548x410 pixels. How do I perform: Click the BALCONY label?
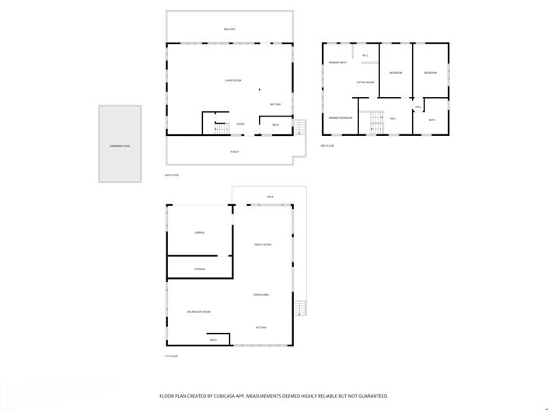[229, 30]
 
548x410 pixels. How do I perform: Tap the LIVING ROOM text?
[233, 81]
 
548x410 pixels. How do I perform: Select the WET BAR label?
[275, 104]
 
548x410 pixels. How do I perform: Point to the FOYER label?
[241, 124]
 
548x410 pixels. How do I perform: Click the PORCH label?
[234, 151]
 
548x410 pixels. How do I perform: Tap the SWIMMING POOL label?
[120, 145]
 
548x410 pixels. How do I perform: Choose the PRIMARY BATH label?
[337, 62]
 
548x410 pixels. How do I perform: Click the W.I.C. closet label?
[365, 55]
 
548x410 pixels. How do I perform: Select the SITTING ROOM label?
[365, 82]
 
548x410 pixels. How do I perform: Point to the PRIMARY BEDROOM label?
[340, 118]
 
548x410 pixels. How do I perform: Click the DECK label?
[270, 196]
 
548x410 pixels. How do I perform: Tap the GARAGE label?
[200, 232]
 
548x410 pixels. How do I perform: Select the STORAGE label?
[200, 269]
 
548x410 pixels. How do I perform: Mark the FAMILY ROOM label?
[263, 245]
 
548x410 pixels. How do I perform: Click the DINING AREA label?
[261, 295]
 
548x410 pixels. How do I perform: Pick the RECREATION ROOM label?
[199, 312]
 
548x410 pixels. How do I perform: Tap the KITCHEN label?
[262, 328]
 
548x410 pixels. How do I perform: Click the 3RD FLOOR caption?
[328, 146]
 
